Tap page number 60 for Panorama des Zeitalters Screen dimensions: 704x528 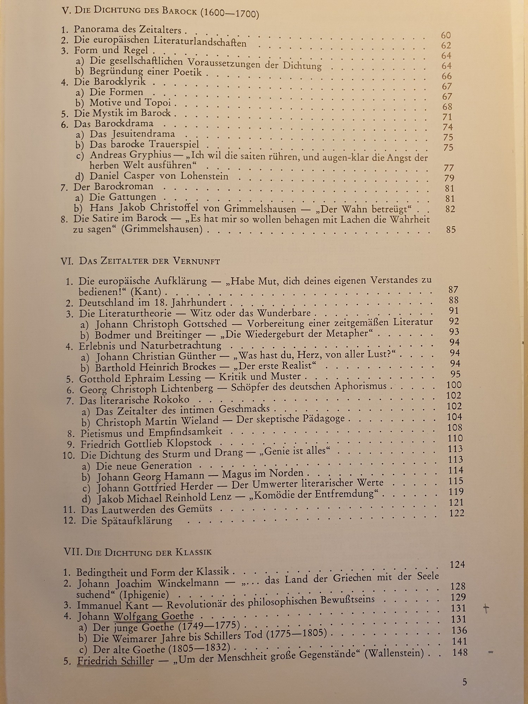click(x=446, y=35)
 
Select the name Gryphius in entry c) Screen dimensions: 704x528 click(x=150, y=155)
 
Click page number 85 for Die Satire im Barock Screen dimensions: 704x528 click(x=451, y=230)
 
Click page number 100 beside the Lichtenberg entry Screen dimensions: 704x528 click(x=454, y=385)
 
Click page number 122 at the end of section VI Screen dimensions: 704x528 click(x=457, y=513)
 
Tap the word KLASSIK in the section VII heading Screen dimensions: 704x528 click(x=194, y=552)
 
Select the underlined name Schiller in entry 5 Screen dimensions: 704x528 click(x=135, y=661)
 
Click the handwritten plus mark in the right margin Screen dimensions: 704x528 click(x=486, y=608)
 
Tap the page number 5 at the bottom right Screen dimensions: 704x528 click(x=465, y=682)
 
